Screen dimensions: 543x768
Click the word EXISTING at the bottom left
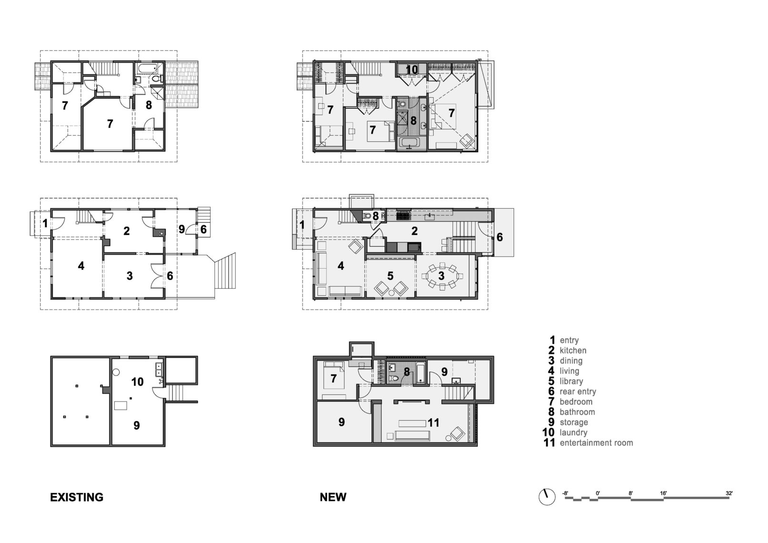tap(77, 497)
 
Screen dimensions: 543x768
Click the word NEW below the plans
tap(333, 497)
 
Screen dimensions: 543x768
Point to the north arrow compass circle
tap(547, 497)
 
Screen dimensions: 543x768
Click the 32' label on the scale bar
tap(729, 493)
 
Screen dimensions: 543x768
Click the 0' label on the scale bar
tap(597, 493)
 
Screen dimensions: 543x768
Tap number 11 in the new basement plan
tap(434, 422)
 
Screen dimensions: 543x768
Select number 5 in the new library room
tap(391, 275)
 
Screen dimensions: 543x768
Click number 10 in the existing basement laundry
tap(137, 382)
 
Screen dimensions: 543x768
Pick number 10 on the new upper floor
tap(412, 70)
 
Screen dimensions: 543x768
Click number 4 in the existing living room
tap(81, 266)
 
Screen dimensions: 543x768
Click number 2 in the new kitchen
tap(414, 231)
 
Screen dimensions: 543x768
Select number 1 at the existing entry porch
tap(45, 222)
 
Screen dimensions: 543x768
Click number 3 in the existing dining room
tap(130, 276)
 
